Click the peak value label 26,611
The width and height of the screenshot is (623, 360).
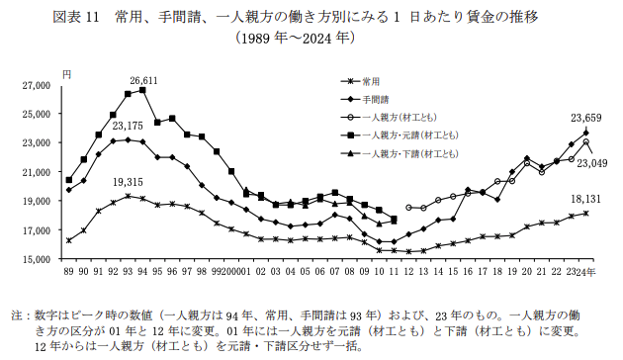point(143,79)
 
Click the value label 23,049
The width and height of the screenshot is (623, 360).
point(597,163)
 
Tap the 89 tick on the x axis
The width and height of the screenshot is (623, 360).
point(68,271)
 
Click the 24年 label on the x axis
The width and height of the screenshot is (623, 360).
point(591,271)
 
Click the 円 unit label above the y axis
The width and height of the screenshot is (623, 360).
point(66,75)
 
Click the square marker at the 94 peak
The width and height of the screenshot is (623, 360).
point(143,90)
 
